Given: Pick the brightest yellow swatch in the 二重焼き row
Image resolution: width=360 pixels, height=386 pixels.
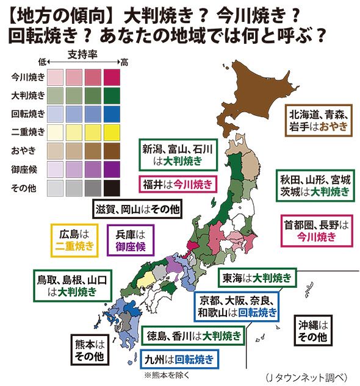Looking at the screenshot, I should [x=112, y=132].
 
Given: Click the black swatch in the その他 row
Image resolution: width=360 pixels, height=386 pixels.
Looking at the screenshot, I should [x=112, y=187].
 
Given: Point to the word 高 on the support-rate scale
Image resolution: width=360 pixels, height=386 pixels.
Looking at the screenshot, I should [x=124, y=62].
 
